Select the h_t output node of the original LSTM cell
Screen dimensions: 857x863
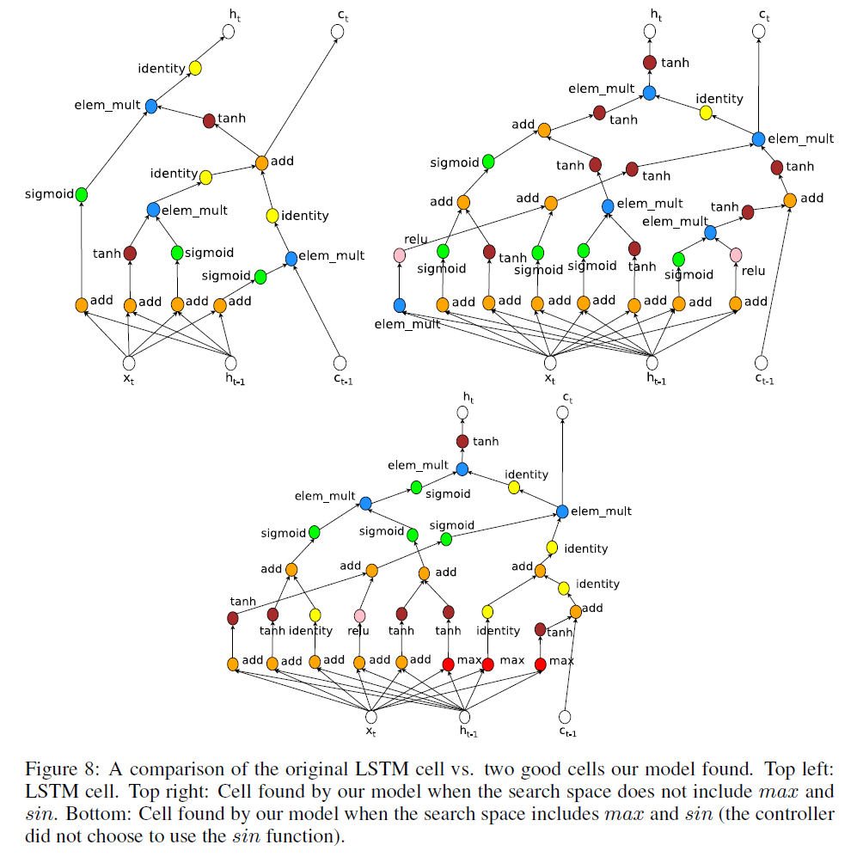pos(228,33)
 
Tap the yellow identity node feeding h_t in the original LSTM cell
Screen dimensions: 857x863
pos(195,68)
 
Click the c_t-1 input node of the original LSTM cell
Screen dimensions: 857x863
pos(340,364)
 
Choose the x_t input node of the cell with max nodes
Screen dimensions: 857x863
pos(371,716)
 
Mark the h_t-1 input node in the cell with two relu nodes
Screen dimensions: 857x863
pos(652,363)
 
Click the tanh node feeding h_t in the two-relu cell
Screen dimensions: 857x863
pos(650,63)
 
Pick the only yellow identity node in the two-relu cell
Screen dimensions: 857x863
pos(706,113)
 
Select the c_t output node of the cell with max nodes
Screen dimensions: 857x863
pos(562,413)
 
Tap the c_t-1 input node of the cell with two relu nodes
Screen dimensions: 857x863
pos(760,363)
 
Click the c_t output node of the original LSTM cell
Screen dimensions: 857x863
pos(338,33)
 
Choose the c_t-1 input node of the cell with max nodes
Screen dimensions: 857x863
pos(565,716)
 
